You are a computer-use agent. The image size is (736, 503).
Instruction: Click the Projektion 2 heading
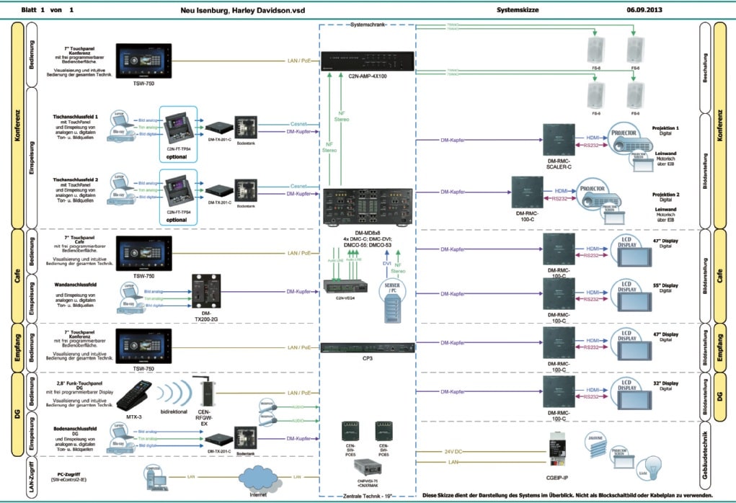coord(667,195)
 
